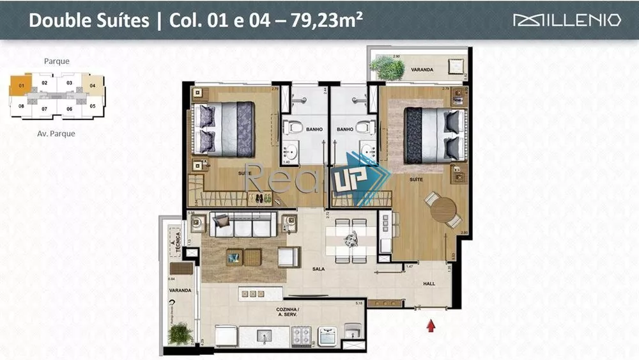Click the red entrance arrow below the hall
pyautogui.click(x=431, y=326)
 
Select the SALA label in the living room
pyautogui.click(x=318, y=269)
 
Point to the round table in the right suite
pyautogui.click(x=443, y=209)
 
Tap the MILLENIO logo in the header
pyautogui.click(x=567, y=20)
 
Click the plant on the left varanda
pyautogui.click(x=180, y=333)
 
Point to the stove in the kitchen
pyautogui.click(x=301, y=335)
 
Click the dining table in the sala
pyautogui.click(x=351, y=240)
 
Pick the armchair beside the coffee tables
pyautogui.click(x=288, y=257)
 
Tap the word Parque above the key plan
pyautogui.click(x=57, y=61)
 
